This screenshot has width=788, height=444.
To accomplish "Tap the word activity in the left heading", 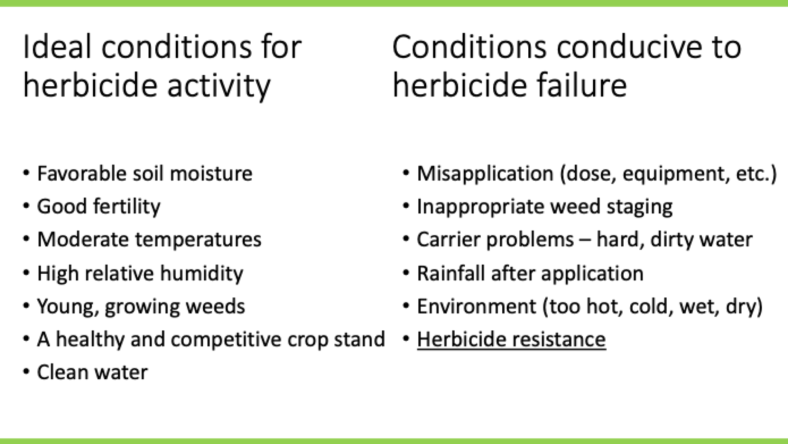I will click(x=219, y=86).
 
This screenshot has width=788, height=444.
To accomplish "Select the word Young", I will click(x=67, y=307).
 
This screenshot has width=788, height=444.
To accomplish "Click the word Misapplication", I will click(x=485, y=174).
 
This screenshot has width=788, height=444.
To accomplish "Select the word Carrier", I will click(x=448, y=240).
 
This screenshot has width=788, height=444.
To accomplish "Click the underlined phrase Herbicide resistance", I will click(x=511, y=340).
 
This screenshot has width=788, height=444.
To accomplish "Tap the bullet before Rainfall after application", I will click(x=406, y=273).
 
